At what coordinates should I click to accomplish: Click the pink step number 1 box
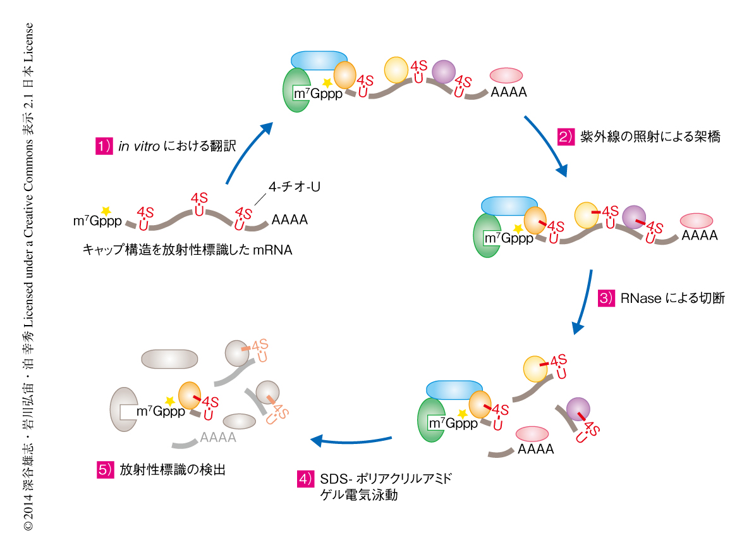pos(103,146)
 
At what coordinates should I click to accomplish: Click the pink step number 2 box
pos(564,137)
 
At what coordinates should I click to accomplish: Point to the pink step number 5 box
pos(105,470)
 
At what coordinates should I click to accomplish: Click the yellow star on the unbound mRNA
pos(106,210)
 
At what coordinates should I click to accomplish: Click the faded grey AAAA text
pos(217,437)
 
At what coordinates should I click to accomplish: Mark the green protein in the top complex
pos(296,90)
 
